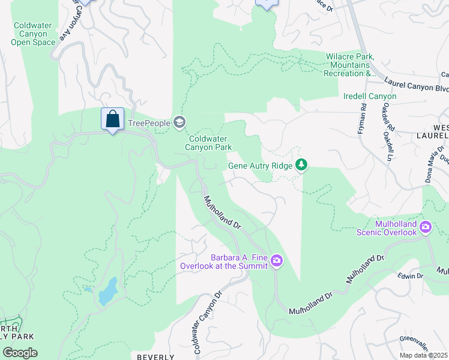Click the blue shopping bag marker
point(112,119)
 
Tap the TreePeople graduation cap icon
point(179,123)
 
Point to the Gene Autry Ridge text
point(261,166)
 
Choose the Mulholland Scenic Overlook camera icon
point(426,227)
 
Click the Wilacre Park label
point(350,65)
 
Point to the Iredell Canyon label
point(370,96)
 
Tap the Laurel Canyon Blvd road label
point(416,88)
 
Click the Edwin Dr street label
point(411,276)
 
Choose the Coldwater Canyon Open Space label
point(34,34)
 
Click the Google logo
point(20,352)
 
